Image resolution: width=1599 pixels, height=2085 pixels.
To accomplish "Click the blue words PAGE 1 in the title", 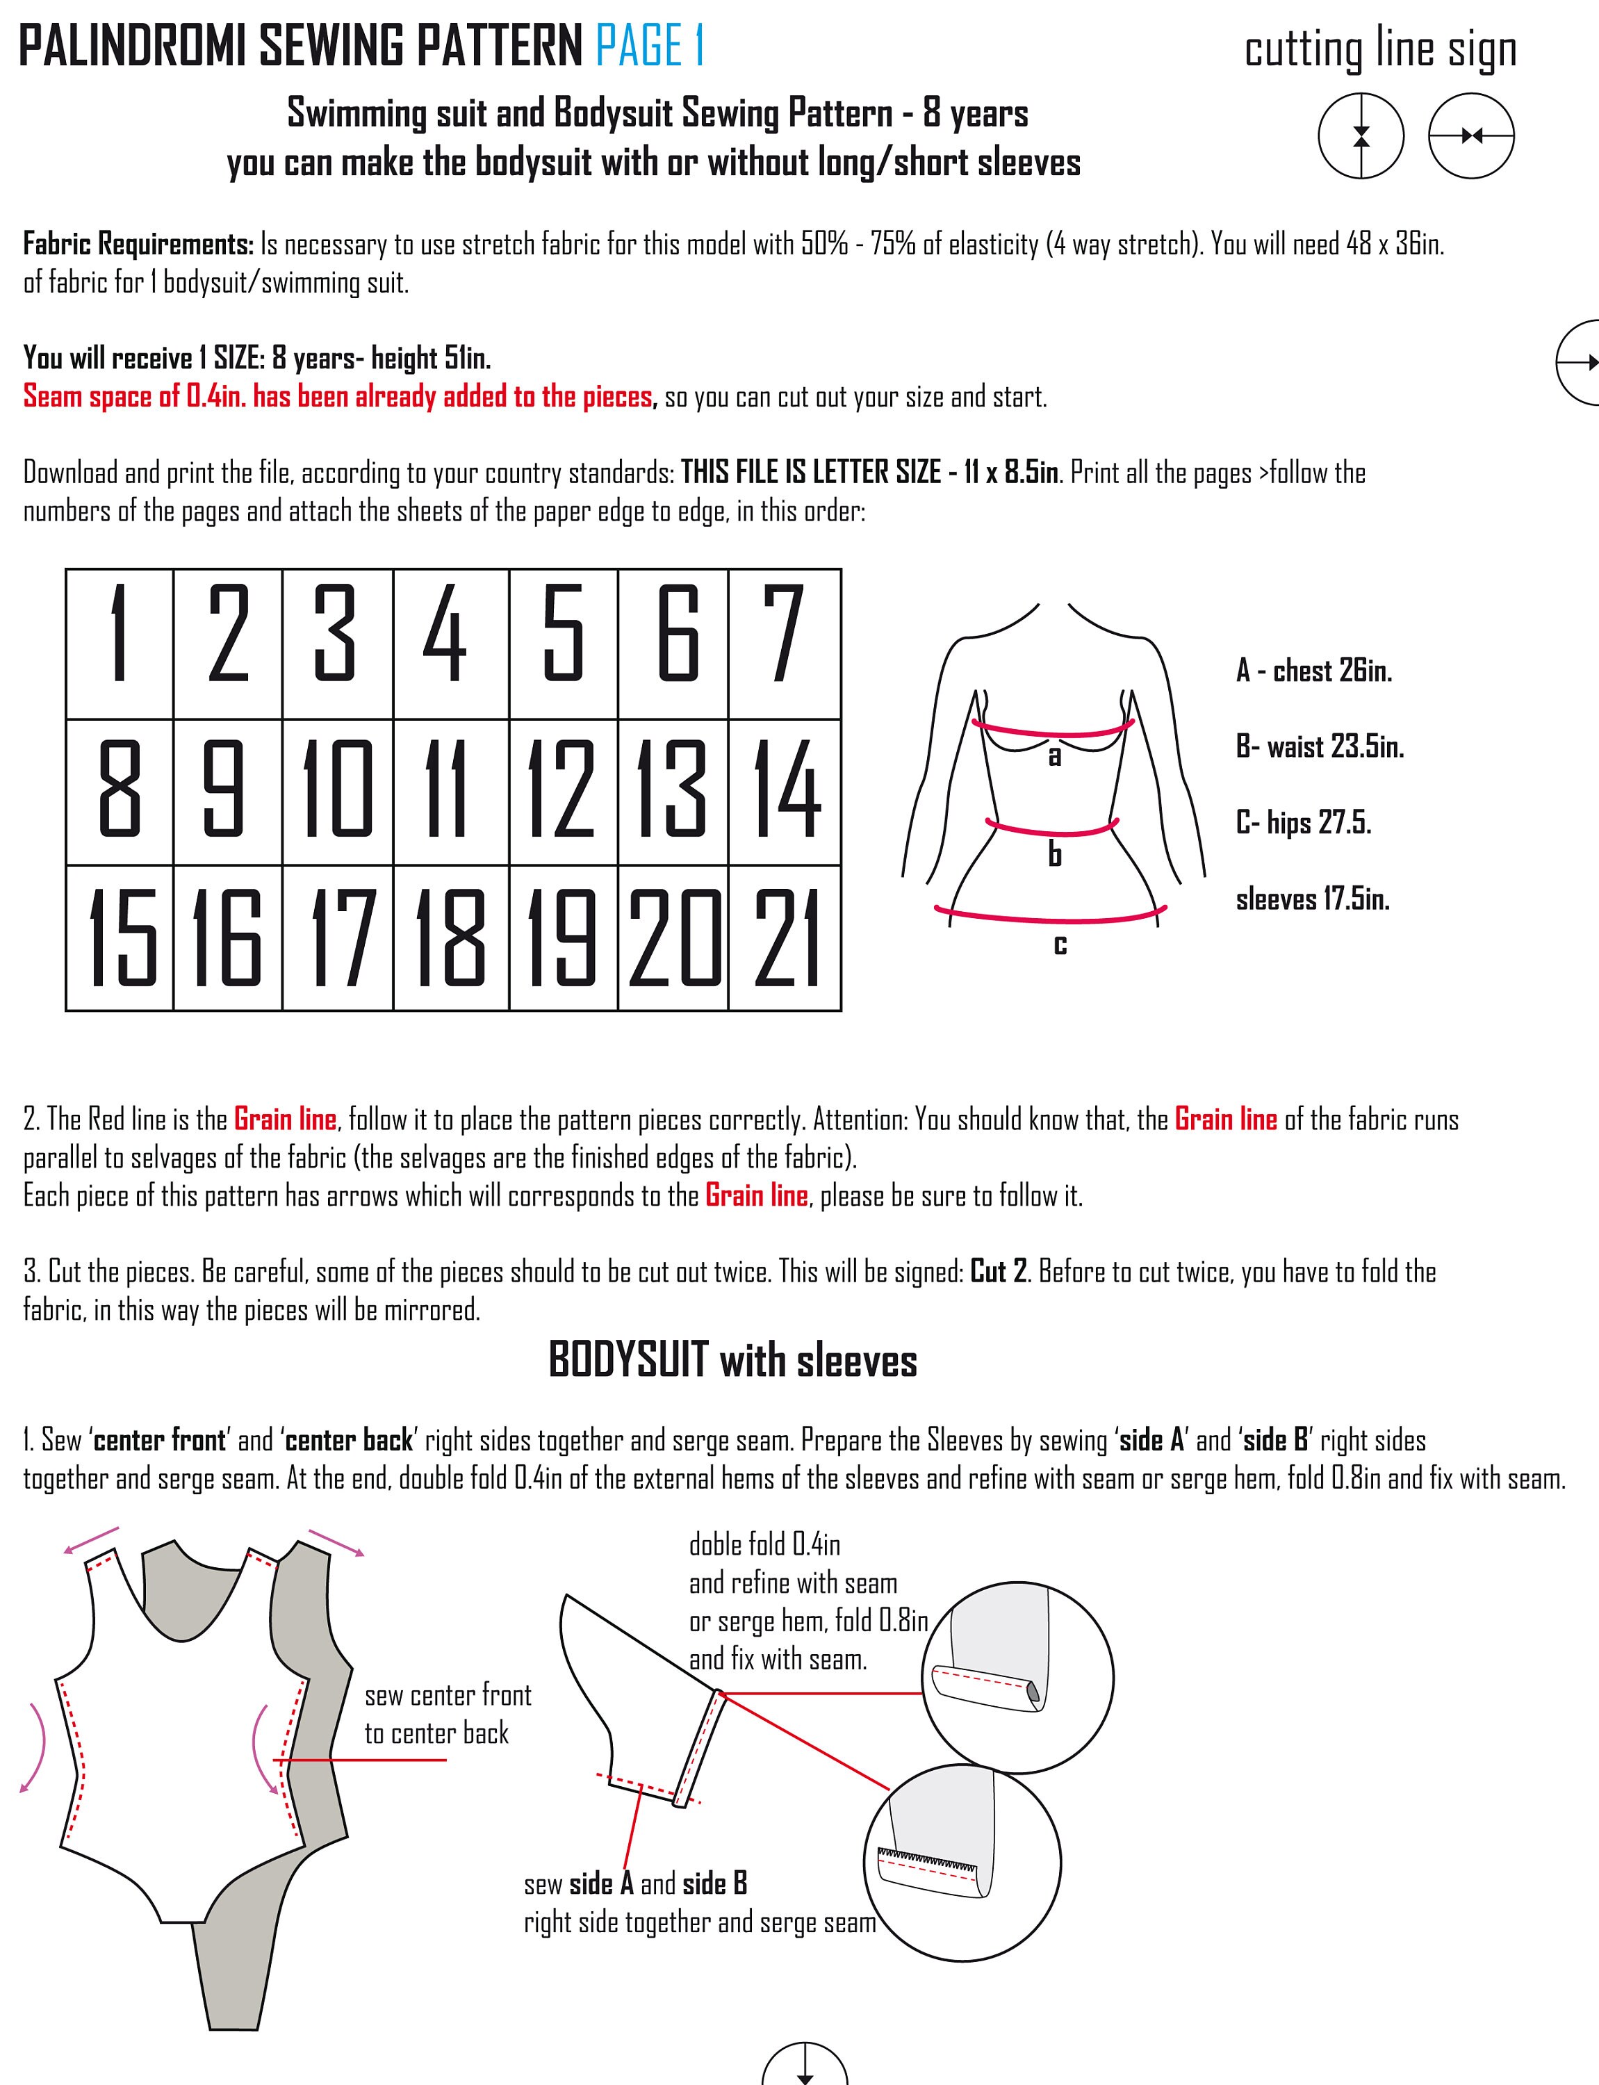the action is tap(650, 46).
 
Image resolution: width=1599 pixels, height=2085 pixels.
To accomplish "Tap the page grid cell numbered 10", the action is tap(338, 792).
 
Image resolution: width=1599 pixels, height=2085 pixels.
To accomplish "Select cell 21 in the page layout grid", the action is tap(785, 938).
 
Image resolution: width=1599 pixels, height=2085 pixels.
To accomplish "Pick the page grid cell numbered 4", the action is tap(451, 644).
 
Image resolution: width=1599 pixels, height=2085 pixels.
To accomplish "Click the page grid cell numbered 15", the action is tap(120, 938).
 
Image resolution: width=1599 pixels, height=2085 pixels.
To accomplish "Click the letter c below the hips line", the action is tap(1060, 945).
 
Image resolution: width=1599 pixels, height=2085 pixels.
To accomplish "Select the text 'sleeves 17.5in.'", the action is tap(1313, 899).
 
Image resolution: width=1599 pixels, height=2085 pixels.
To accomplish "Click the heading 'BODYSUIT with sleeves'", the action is tap(733, 1361).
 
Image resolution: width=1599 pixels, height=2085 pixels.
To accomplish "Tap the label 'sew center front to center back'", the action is tap(448, 1714).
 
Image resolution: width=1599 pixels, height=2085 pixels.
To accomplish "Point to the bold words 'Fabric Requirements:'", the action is tap(138, 245).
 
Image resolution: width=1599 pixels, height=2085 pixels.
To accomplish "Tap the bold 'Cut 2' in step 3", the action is tap(999, 1273).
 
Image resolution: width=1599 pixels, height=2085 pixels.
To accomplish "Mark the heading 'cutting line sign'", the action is tap(1380, 49).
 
